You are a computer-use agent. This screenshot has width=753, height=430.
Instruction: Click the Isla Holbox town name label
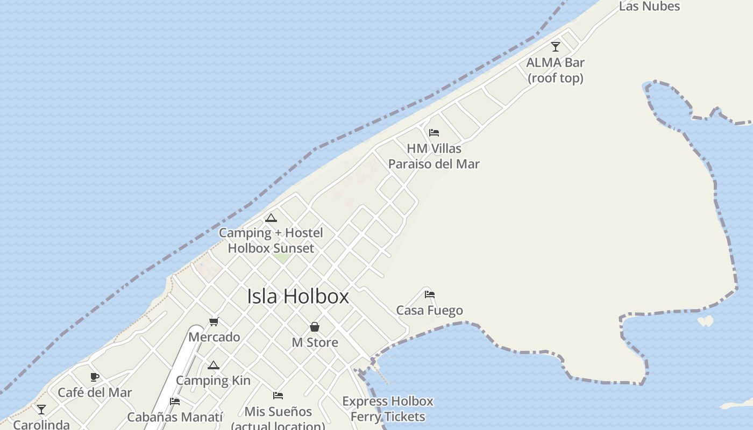pos(298,296)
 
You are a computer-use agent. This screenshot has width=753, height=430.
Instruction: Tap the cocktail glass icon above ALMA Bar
pos(556,47)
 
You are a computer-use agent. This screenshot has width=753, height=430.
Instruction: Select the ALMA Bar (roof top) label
pos(556,70)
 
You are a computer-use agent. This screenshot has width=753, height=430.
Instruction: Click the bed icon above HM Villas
pos(434,133)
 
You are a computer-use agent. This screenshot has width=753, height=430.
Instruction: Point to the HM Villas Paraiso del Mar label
pos(434,156)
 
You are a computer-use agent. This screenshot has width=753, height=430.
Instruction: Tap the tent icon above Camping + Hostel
pos(271,218)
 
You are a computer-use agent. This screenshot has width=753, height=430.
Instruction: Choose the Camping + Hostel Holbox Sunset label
pos(271,240)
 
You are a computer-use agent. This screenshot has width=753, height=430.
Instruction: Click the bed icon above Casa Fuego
pos(429,295)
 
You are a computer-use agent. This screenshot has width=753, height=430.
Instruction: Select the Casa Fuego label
pos(429,310)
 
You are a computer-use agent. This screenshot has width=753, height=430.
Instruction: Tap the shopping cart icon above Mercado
pos(214,322)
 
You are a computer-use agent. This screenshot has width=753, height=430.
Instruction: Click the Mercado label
pos(214,337)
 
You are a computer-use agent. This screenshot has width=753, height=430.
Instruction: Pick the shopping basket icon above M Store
pos(315,327)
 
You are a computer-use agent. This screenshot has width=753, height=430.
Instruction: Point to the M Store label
pos(315,342)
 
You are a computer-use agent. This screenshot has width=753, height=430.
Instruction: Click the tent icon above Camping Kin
pos(214,365)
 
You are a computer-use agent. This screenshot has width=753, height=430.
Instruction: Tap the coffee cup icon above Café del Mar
pos(95,377)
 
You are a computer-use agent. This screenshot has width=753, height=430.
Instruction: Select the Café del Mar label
pos(95,392)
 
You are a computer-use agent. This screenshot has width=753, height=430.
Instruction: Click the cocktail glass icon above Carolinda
pos(41,410)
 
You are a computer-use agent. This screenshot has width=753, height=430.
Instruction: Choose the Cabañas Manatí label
pos(175,417)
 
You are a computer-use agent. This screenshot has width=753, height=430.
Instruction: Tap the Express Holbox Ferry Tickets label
pos(388,408)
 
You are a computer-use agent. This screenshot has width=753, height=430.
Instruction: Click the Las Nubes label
pos(649,6)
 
